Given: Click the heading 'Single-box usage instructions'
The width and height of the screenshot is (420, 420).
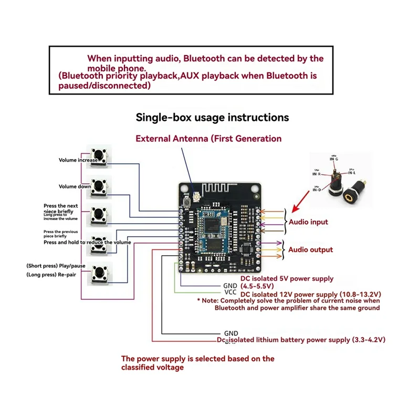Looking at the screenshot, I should [x=212, y=117].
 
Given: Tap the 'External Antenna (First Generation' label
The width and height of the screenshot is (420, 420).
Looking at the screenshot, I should [x=208, y=139].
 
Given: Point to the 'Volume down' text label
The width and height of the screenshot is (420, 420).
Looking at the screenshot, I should [x=75, y=186].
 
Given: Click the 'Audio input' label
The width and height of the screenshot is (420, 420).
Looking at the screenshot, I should [x=308, y=222].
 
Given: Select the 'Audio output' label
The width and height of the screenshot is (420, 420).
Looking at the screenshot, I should [x=310, y=250].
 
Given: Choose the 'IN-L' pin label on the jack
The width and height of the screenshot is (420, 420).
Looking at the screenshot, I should [x=351, y=173].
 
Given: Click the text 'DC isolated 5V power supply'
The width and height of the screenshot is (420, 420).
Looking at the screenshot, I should [x=287, y=278].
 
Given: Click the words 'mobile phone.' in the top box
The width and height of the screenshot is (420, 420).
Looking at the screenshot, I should [x=115, y=68].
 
